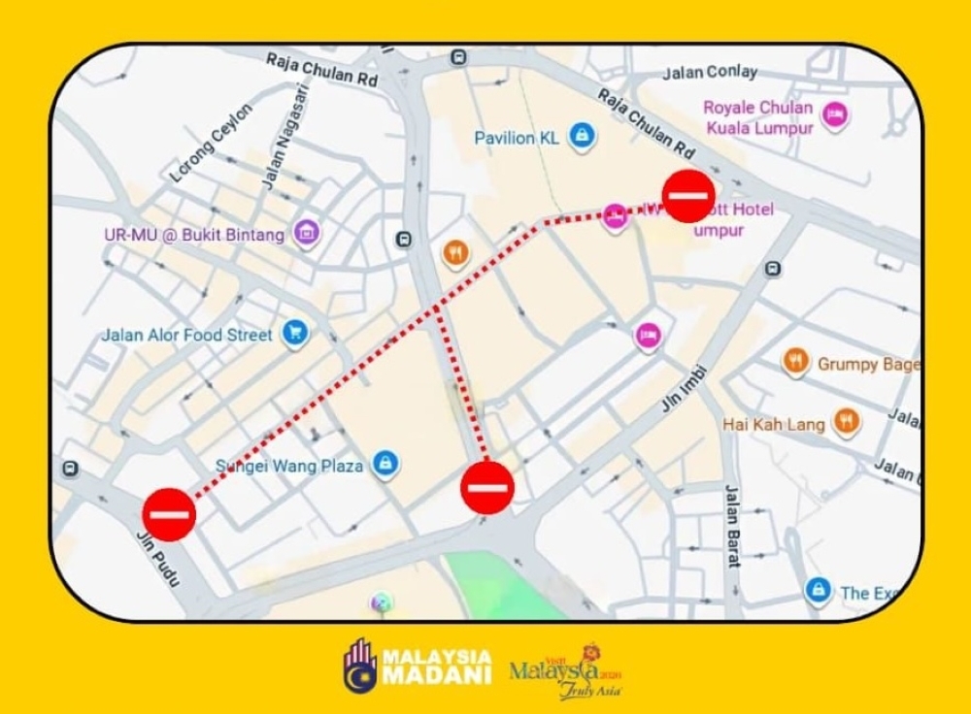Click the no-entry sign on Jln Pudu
tap(169, 514)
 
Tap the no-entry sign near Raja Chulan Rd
tap(688, 195)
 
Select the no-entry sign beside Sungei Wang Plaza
tap(486, 486)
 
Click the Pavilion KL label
tap(517, 138)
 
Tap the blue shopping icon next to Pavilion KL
tap(581, 135)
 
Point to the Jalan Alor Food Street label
tap(187, 335)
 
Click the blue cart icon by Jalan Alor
tap(295, 334)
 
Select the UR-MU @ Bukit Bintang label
tap(194, 235)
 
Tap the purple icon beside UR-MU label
tap(307, 233)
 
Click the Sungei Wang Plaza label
tap(289, 466)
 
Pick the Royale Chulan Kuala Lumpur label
tap(758, 117)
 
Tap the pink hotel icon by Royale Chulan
tap(834, 115)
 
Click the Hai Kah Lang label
tap(773, 424)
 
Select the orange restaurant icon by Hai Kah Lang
tap(847, 422)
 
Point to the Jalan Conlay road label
tap(709, 73)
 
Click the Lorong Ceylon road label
tap(212, 143)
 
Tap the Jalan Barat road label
tap(732, 525)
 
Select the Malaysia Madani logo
tap(418, 665)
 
